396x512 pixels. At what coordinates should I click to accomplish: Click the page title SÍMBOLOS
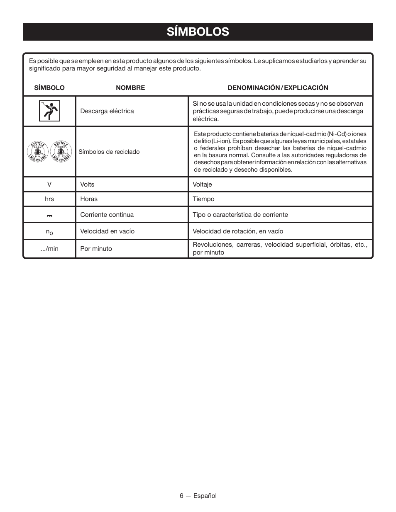(198, 32)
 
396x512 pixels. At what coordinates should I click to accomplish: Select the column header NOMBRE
(130, 88)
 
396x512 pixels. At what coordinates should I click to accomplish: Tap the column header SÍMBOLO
(49, 88)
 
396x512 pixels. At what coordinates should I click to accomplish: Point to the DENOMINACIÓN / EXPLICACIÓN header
(278, 88)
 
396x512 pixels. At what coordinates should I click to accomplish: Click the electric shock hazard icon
(49, 111)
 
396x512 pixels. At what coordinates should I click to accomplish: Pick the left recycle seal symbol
(38, 152)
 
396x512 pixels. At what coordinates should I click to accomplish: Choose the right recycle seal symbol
(61, 152)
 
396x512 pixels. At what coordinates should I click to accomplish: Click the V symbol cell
(49, 184)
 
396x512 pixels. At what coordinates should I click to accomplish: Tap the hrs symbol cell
(49, 199)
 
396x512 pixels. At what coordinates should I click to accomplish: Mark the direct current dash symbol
(49, 216)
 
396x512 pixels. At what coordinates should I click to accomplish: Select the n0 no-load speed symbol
(49, 232)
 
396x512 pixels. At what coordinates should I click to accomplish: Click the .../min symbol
(49, 249)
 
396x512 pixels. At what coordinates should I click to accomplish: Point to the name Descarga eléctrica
(107, 111)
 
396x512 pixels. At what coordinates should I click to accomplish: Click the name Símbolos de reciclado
(109, 152)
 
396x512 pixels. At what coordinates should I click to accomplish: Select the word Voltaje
(202, 184)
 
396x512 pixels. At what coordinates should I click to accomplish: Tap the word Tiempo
(203, 199)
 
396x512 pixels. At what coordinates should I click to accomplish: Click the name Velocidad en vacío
(108, 231)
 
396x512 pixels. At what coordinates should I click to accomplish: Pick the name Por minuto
(96, 249)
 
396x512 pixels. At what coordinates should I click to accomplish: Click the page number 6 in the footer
(181, 496)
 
